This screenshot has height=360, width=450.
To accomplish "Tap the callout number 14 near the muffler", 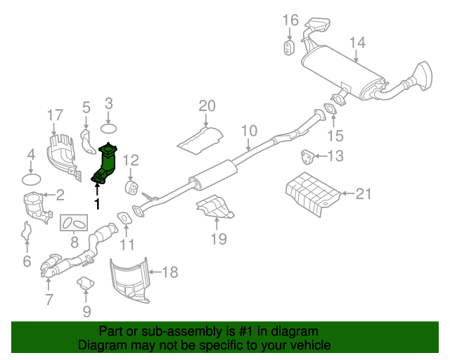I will pyautogui.click(x=357, y=43).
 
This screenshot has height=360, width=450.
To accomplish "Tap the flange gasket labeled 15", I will pyautogui.click(x=329, y=109).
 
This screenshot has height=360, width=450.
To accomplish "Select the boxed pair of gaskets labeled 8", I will pyautogui.click(x=73, y=224).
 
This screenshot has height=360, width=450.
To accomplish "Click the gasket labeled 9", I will pyautogui.click(x=86, y=284).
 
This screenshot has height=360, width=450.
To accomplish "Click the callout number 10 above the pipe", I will pyautogui.click(x=250, y=131).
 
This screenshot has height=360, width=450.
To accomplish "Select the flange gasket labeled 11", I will pyautogui.click(x=122, y=219).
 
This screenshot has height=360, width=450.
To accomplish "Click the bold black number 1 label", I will pyautogui.click(x=97, y=204).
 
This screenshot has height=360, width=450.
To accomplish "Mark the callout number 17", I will pyautogui.click(x=56, y=115).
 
